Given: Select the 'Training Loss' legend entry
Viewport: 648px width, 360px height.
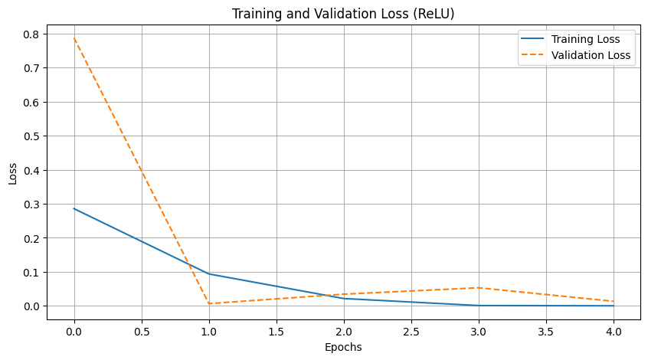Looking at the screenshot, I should (x=585, y=39).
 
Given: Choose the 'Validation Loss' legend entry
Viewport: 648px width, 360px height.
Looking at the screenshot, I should (x=591, y=55).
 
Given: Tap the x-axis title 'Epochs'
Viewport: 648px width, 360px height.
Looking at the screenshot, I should (x=344, y=347).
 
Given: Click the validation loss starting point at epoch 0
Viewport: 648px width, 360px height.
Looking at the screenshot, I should (x=74, y=38).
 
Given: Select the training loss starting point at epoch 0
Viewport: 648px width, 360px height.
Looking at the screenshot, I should (x=74, y=208).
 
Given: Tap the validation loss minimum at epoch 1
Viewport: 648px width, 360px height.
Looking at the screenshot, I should (x=209, y=303).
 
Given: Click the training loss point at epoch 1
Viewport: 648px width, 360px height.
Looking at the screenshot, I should (x=209, y=274).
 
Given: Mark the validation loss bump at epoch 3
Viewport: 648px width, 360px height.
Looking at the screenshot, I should (x=479, y=288).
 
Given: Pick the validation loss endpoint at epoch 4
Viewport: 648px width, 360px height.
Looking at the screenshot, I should (x=614, y=301).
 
